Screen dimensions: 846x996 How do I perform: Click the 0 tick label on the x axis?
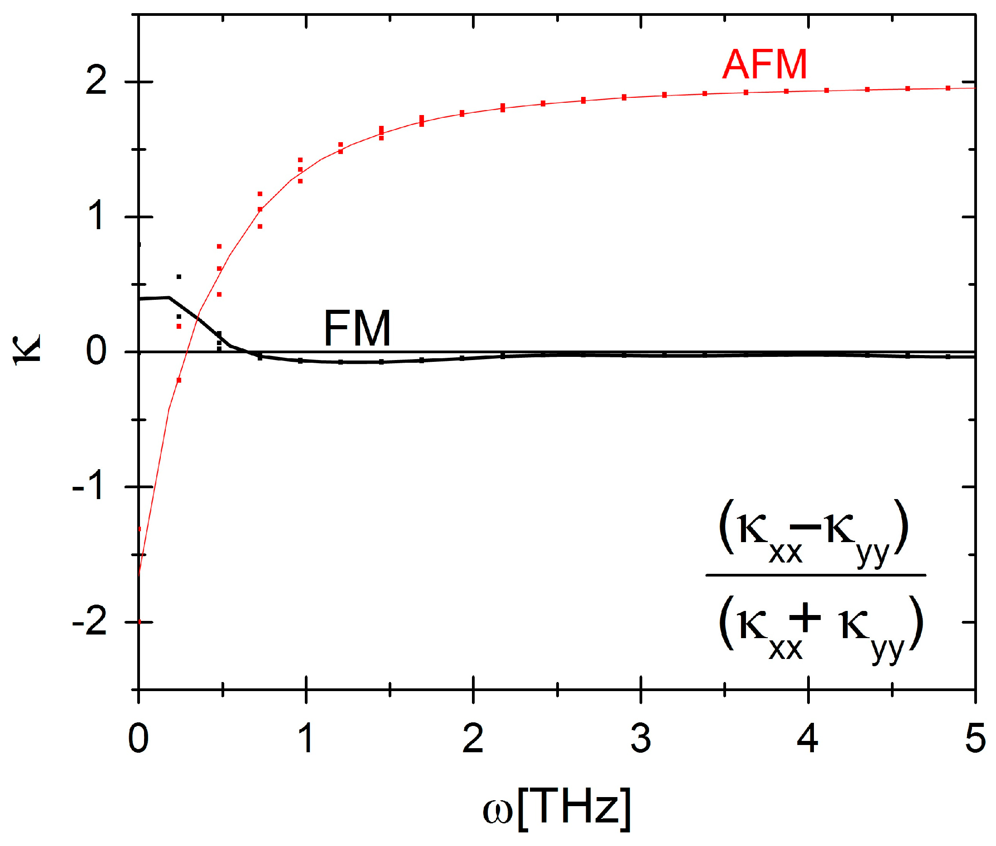(x=138, y=739)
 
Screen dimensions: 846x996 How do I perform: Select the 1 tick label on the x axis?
(x=305, y=739)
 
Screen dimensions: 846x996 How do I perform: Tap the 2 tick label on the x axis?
(x=473, y=739)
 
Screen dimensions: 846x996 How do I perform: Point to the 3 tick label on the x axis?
(x=640, y=739)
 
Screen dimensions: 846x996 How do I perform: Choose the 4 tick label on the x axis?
(x=808, y=739)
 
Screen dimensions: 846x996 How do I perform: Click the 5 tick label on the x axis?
(x=975, y=739)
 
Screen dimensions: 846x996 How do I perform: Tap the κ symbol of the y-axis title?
(x=27, y=350)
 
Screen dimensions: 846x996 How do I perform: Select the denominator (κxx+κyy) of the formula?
(x=820, y=629)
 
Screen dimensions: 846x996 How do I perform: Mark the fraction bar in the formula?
(x=815, y=575)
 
